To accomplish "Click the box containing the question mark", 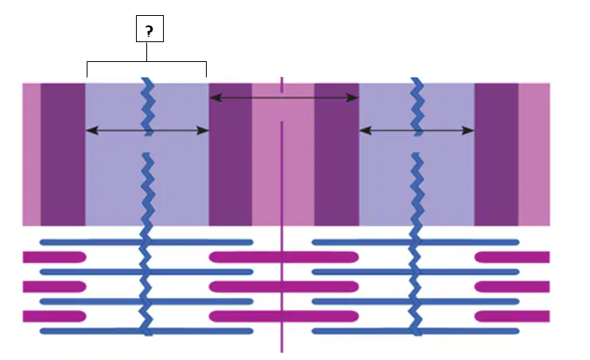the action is [149, 29].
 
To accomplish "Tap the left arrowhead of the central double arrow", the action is [215, 98].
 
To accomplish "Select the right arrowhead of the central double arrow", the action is [352, 98].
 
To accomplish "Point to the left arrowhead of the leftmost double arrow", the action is [92, 130].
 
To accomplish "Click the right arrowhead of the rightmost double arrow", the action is [468, 130].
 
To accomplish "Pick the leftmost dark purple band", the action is [63, 155].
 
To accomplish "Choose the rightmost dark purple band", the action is [496, 155].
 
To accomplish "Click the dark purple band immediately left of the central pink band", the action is [231, 155].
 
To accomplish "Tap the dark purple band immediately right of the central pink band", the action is [337, 155].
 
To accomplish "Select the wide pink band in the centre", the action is [283, 155].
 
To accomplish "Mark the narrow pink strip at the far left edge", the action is [32, 155].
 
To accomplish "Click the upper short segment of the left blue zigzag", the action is [148, 106].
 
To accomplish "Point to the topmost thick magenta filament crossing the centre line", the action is [284, 257].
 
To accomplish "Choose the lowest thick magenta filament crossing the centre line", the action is [284, 316].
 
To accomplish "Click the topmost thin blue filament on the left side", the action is [146, 242].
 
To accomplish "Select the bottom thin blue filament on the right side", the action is [416, 331].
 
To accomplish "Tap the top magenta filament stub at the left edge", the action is [55, 257].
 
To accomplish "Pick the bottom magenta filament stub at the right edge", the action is [512, 316].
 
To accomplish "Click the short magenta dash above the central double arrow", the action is [281, 85].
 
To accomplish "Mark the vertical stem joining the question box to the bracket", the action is [147, 52].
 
